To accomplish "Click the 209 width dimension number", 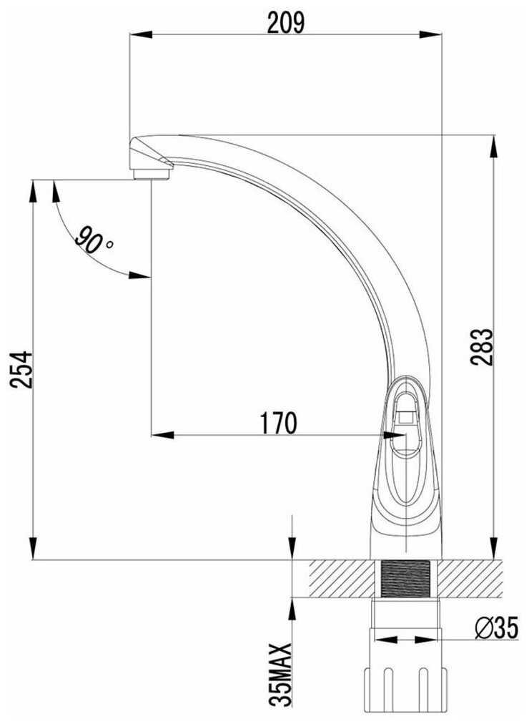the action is tap(285, 22).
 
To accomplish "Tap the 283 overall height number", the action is tap(481, 347).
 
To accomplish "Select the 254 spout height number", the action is tap(21, 369).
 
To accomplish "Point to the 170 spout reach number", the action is tap(279, 423).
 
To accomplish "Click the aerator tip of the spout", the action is tap(152, 174).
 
